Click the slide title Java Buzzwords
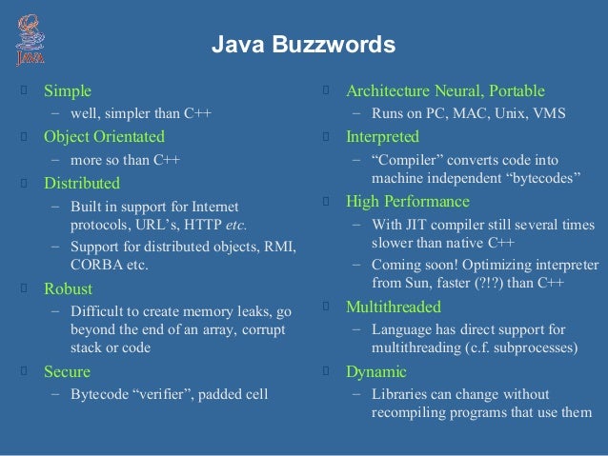point(302,45)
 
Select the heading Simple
point(68,91)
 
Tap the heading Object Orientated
point(104,136)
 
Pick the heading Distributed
point(82,182)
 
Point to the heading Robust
point(69,287)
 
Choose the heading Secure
point(68,370)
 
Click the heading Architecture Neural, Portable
point(445,91)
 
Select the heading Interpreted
point(382,136)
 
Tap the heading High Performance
point(407,201)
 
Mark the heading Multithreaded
point(393,307)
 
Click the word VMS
point(549,114)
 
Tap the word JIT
point(418,225)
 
